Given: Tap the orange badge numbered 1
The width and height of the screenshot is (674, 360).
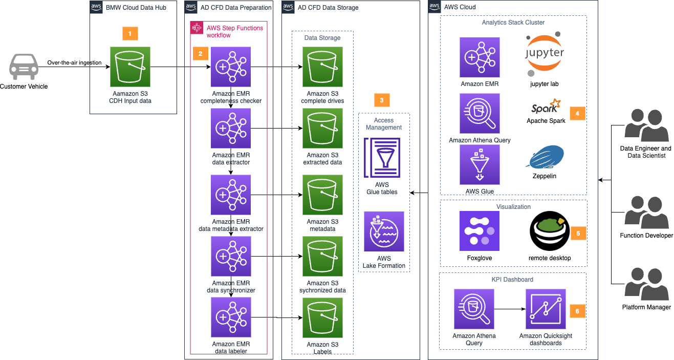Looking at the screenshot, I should point(130,33).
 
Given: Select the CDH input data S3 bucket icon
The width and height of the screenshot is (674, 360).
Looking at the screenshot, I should point(130,67).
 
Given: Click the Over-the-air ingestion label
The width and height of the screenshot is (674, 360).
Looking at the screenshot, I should point(74,63).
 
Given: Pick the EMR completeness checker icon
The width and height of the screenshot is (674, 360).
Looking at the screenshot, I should point(231,67).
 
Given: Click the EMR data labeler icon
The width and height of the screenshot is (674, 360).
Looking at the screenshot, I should point(231,317).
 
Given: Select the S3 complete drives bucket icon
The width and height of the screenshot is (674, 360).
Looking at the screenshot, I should point(322,67).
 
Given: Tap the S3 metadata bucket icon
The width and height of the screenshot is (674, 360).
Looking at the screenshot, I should point(322,195).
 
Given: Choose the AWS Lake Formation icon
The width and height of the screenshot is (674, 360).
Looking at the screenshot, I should point(384,231).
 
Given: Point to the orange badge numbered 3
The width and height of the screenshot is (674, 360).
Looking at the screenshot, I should point(382,100).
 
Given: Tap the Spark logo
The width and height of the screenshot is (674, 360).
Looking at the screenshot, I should point(546,107).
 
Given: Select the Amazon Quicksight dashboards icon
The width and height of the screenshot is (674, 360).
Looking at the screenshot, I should point(546,309).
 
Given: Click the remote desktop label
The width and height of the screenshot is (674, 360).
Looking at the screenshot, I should point(550,259).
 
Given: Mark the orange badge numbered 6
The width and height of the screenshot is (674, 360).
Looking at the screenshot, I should point(577,311).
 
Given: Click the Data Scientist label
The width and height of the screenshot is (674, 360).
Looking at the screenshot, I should point(646,155).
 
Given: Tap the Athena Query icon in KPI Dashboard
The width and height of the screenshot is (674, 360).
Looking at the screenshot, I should point(474,309).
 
